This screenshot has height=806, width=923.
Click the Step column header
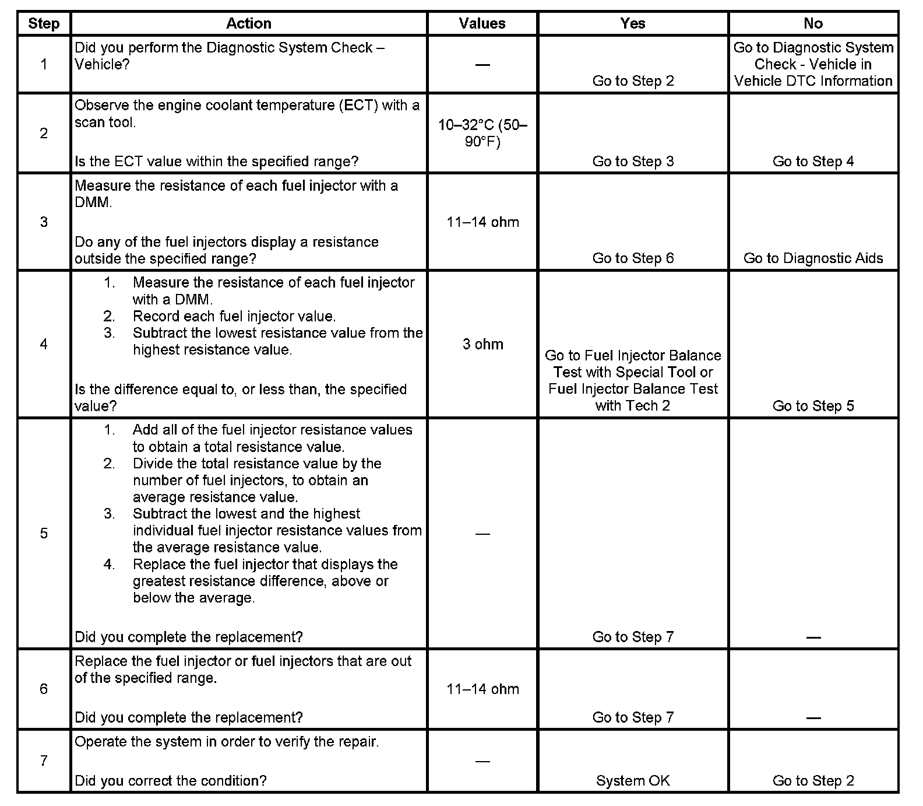(x=44, y=24)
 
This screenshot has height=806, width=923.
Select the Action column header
(x=249, y=24)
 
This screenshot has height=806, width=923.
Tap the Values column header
(x=482, y=24)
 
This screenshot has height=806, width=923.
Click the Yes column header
(x=633, y=24)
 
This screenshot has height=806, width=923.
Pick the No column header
(x=813, y=24)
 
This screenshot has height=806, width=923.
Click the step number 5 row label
(x=44, y=534)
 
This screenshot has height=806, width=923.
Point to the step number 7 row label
(x=44, y=761)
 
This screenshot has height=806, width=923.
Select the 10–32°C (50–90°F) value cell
(x=482, y=134)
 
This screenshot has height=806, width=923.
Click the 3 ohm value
(x=482, y=344)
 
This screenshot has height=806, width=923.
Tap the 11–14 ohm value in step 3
(x=482, y=222)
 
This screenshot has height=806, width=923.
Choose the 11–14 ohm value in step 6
(x=482, y=689)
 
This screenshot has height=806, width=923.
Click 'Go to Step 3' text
(x=633, y=162)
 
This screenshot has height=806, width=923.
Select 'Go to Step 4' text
(x=813, y=162)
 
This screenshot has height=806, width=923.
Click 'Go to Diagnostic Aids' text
(x=813, y=258)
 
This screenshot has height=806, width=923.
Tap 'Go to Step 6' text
(x=633, y=258)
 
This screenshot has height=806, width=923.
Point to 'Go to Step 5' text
(x=813, y=406)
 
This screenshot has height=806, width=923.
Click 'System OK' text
(x=633, y=781)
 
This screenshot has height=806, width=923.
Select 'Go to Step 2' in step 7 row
(x=813, y=781)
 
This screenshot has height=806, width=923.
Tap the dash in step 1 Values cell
(x=482, y=65)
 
